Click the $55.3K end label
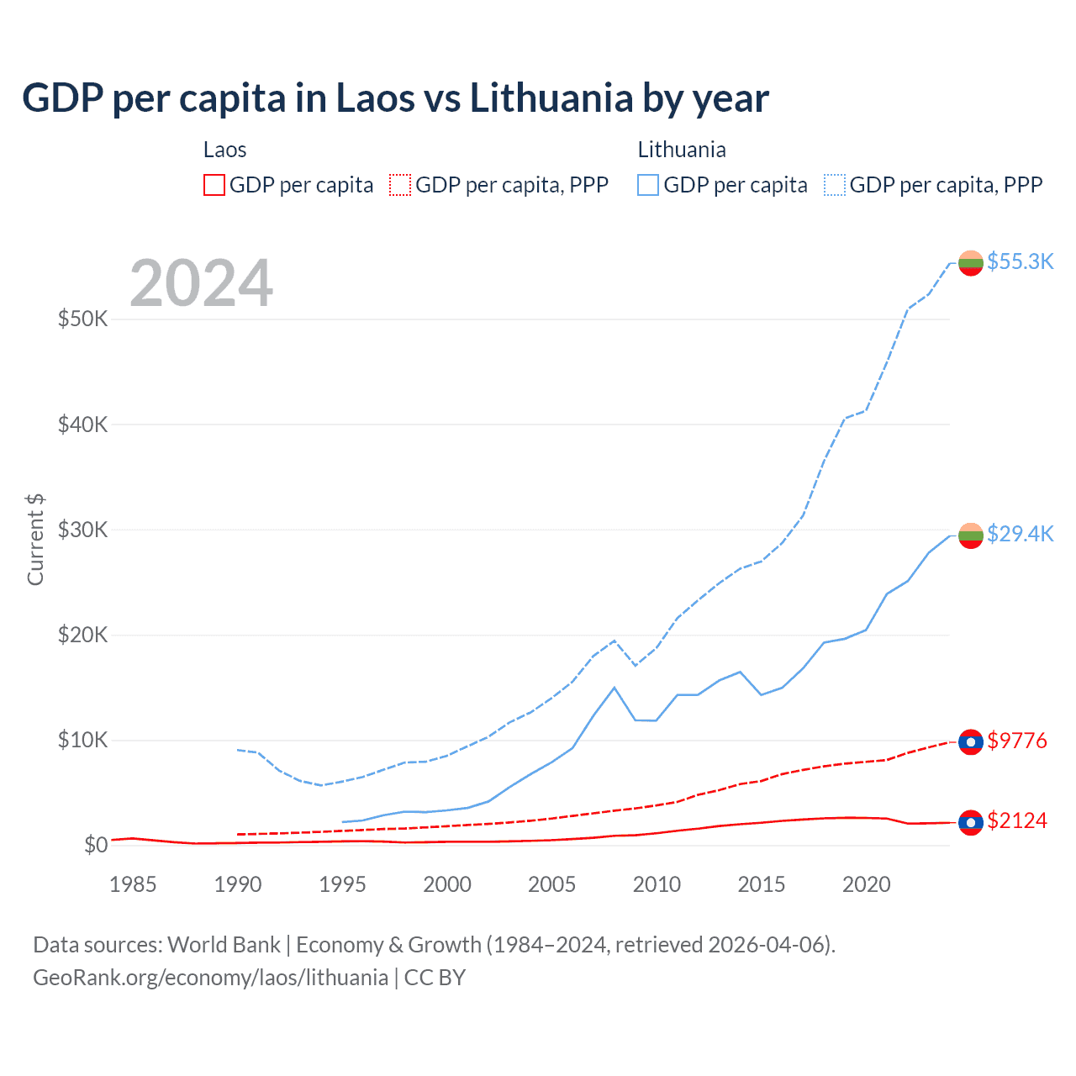click(1020, 261)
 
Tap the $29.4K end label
click(1020, 534)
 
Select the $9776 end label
click(1017, 741)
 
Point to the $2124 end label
click(1017, 820)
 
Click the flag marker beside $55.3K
click(971, 263)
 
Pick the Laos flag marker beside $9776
click(971, 742)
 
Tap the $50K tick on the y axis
click(83, 319)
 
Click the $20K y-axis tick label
click(83, 635)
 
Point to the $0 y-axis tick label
click(96, 845)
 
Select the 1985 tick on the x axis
click(133, 884)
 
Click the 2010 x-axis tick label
click(657, 884)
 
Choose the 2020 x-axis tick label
click(866, 884)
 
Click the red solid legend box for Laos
click(214, 185)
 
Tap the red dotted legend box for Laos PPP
click(400, 185)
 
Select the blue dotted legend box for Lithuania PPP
click(835, 185)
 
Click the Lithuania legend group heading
click(682, 150)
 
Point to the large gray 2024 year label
click(201, 283)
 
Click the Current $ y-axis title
click(35, 540)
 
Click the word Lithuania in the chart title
click(551, 98)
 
